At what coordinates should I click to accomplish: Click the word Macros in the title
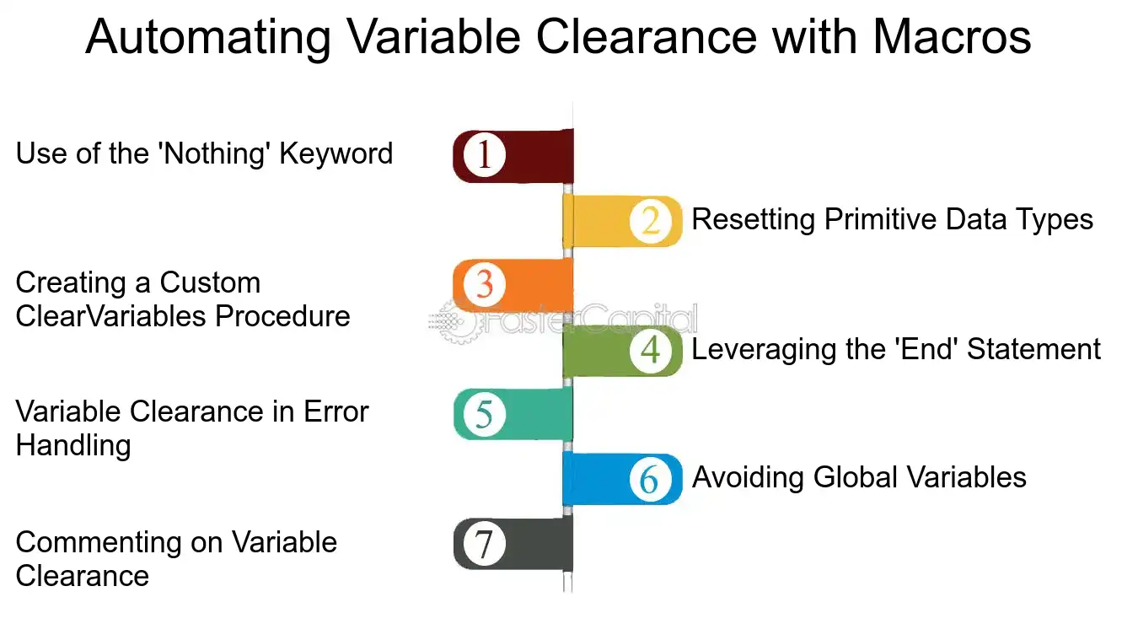(952, 37)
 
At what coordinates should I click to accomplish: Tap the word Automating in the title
(208, 39)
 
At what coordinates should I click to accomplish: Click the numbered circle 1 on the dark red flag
(484, 154)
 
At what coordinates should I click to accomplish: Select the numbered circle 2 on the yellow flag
(650, 221)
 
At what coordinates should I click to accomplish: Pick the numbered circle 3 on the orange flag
(484, 284)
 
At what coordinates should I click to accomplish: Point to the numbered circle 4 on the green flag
(650, 350)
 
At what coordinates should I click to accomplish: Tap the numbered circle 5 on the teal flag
(484, 414)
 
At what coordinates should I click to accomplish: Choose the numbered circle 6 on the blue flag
(650, 479)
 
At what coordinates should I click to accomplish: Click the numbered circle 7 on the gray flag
(484, 545)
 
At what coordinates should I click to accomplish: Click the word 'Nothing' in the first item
(214, 154)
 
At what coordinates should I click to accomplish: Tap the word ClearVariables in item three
(110, 316)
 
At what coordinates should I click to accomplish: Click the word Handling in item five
(73, 446)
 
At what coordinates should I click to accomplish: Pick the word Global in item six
(856, 478)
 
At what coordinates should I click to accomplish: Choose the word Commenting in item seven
(99, 543)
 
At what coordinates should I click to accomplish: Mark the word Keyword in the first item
(336, 154)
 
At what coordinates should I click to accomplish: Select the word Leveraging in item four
(763, 351)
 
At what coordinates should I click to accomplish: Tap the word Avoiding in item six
(748, 479)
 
